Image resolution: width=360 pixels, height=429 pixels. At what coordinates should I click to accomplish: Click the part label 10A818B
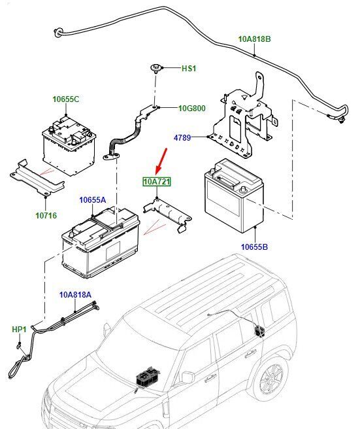click(x=255, y=39)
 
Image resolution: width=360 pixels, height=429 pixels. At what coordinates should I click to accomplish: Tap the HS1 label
click(x=189, y=68)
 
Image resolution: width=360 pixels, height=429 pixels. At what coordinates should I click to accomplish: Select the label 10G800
click(x=192, y=109)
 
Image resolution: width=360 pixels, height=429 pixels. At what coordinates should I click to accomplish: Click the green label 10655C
click(x=66, y=99)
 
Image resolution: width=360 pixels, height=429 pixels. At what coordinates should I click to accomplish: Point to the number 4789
click(x=182, y=137)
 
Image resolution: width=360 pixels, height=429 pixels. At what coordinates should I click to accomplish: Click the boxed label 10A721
click(x=157, y=181)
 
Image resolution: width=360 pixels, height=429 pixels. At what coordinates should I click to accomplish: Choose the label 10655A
click(x=92, y=200)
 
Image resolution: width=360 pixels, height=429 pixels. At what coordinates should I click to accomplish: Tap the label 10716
click(x=46, y=216)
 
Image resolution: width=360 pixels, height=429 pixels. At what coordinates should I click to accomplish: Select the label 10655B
click(x=254, y=247)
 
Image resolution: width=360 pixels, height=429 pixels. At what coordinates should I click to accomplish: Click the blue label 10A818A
click(x=75, y=295)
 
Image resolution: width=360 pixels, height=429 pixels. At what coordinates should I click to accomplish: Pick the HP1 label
click(x=19, y=330)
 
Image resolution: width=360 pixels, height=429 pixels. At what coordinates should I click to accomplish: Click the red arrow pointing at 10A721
click(x=161, y=161)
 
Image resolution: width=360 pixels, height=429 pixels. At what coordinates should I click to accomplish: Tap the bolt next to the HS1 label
click(x=155, y=68)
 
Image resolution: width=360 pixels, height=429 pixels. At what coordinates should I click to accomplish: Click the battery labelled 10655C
click(x=69, y=146)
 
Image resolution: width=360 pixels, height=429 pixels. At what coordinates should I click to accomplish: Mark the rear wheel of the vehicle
click(x=271, y=379)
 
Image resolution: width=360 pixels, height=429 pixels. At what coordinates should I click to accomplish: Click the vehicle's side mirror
click(x=188, y=377)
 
